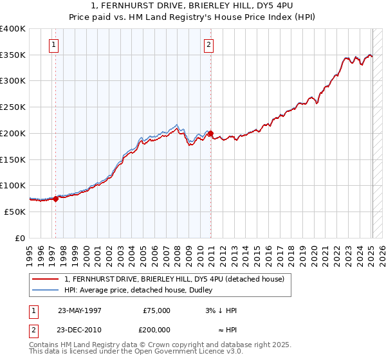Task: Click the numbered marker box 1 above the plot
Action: tap(53, 45)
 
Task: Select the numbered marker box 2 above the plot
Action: tap(209, 45)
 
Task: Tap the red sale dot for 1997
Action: tap(55, 199)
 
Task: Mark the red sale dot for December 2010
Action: tap(211, 133)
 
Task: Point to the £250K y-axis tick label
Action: tap(13, 107)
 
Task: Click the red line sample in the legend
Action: tap(46, 279)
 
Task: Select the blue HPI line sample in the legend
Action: tap(46, 290)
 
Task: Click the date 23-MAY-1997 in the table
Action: tap(80, 310)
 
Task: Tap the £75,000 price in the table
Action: tap(156, 310)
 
